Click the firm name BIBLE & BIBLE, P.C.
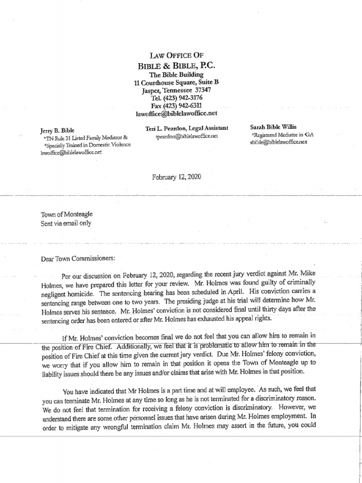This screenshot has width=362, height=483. click(x=177, y=66)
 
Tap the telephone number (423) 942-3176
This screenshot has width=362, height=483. click(x=183, y=98)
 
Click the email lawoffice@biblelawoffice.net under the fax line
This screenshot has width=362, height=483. click(x=176, y=114)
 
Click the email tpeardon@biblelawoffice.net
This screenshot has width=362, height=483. click(x=187, y=136)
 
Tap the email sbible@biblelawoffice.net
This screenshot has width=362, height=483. click(x=279, y=142)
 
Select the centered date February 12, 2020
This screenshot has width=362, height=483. click(x=176, y=177)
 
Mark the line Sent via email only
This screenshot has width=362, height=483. click(x=66, y=223)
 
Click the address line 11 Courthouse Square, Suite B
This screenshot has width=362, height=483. click(x=176, y=82)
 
